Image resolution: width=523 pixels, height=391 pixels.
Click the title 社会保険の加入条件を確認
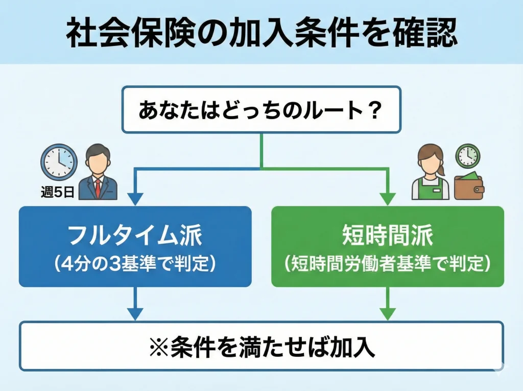click(261, 34)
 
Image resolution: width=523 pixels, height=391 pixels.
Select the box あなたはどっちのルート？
click(261, 110)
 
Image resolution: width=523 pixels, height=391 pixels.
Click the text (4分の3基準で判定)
click(135, 264)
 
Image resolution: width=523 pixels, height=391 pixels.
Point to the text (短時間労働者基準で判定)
click(387, 264)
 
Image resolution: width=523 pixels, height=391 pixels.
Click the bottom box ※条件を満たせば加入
click(261, 346)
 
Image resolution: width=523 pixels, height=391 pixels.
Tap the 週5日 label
click(58, 193)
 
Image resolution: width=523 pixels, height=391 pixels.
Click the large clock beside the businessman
click(59, 161)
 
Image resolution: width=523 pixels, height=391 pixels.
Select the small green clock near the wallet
click(467, 156)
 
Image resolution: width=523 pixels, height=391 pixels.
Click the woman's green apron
click(430, 191)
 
